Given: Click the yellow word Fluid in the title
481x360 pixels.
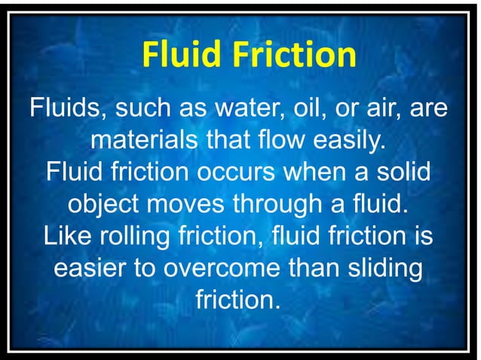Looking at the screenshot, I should pos(182,54).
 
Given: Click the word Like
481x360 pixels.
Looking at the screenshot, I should pos(66,236).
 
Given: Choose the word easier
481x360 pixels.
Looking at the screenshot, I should pos(90,269).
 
